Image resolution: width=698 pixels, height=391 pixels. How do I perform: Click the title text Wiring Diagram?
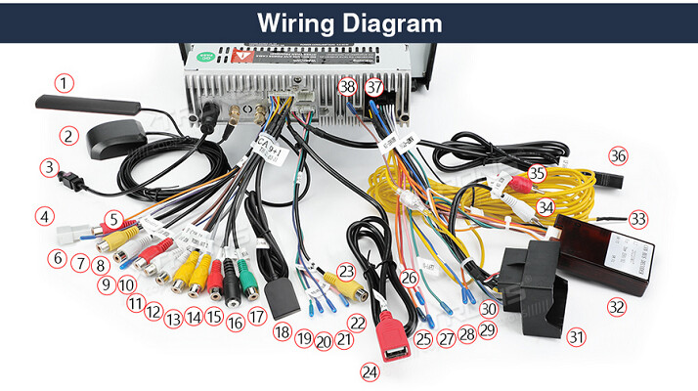coord(349,22)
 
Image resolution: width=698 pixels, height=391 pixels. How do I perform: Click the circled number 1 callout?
coord(65,83)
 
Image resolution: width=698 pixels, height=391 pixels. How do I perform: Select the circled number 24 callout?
coord(370,371)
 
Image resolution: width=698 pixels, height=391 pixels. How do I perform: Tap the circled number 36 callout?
coord(617,155)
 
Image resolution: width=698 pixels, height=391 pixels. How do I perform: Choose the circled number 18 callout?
coord(283,333)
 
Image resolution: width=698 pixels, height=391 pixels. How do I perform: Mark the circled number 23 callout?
coord(346,271)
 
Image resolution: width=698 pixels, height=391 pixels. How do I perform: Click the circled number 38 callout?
coord(347,87)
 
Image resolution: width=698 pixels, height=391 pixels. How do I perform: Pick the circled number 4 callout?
coord(43,215)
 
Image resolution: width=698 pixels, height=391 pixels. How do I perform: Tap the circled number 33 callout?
coord(638,219)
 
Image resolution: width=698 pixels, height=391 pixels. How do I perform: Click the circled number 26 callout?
coord(409,279)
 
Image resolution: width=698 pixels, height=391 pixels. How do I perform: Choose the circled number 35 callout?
coord(536,174)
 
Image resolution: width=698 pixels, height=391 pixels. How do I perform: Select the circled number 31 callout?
coord(577,338)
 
